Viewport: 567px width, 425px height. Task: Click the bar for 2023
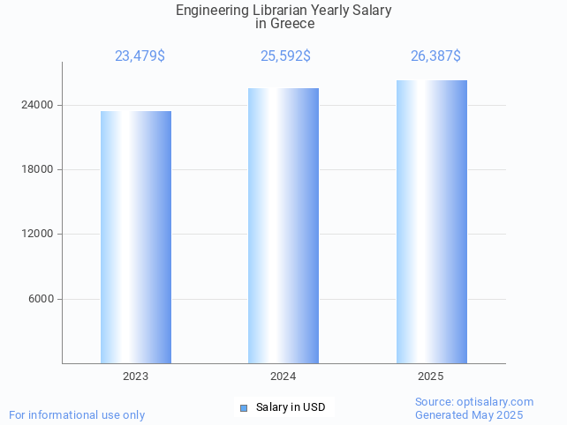point(136,237)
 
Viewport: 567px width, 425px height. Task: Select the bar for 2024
point(283,226)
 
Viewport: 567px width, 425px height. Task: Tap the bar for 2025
point(431,221)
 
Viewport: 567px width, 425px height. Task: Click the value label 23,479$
point(140,56)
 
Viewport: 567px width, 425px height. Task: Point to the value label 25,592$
point(285,56)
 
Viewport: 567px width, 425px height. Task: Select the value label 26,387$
point(435,56)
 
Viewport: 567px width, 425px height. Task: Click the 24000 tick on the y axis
point(37,105)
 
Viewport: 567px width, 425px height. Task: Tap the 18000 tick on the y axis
point(37,169)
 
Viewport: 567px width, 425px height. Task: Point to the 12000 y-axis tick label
point(37,234)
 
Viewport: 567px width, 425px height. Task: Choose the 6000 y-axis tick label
point(40,299)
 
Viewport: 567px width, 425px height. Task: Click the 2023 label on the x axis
point(136,377)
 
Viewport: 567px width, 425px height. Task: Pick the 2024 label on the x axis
point(283,377)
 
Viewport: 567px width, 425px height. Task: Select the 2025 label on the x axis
point(431,377)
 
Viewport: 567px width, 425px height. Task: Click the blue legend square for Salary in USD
point(245,407)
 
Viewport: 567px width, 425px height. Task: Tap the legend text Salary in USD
point(291,407)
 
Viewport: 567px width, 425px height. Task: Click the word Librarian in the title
point(274,11)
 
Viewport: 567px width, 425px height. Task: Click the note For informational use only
point(77,414)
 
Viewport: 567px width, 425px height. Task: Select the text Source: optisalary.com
point(474,402)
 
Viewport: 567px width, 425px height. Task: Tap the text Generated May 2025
point(469,414)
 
